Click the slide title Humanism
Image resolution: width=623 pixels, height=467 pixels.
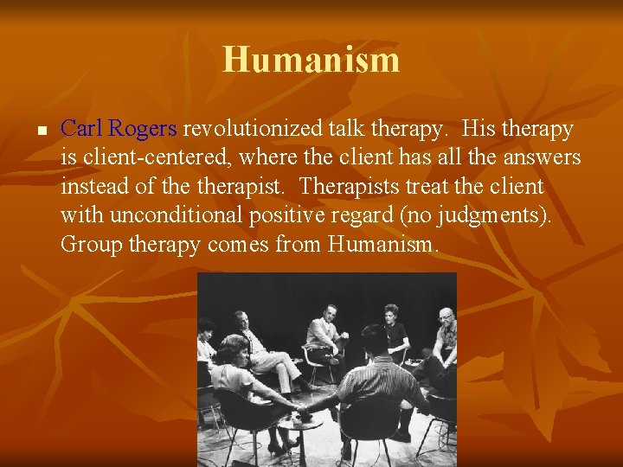(x=311, y=60)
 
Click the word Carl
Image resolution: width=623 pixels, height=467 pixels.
(x=82, y=130)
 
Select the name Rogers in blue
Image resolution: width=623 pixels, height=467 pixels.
(x=143, y=130)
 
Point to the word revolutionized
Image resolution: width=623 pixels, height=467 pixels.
(x=253, y=130)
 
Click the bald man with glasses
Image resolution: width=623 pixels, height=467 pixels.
(x=443, y=333)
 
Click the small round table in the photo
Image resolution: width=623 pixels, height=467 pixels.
(x=299, y=428)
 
